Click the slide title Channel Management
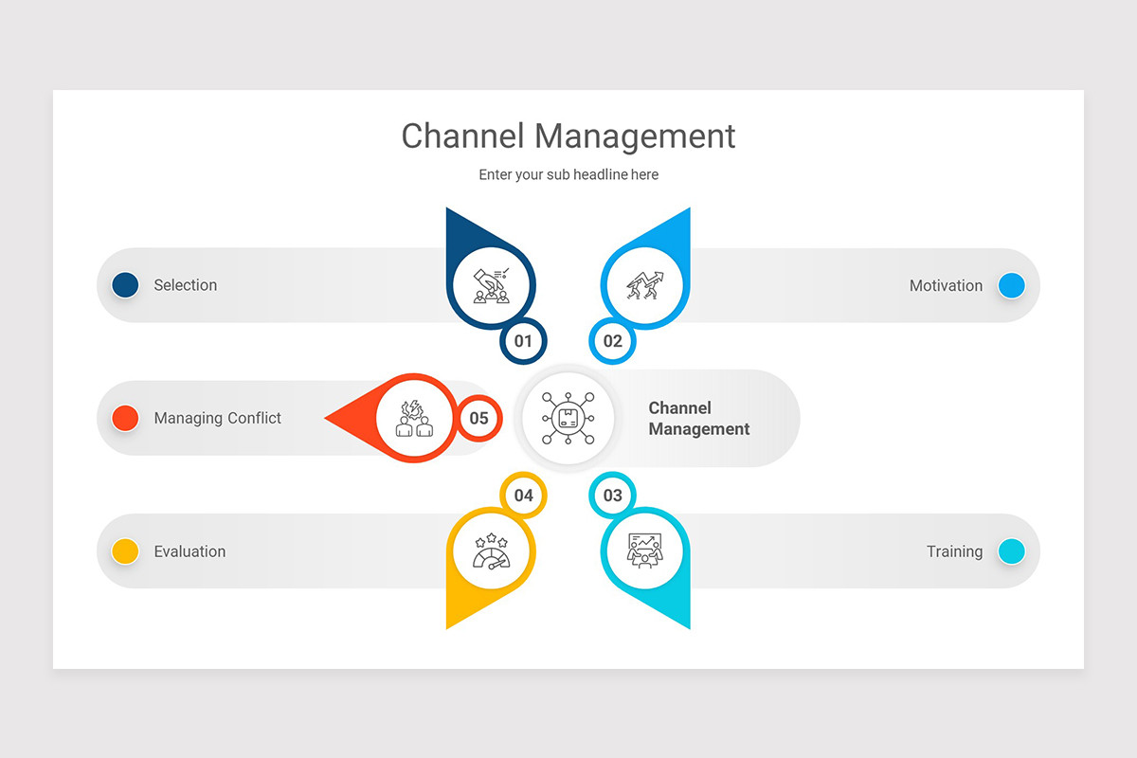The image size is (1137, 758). [x=568, y=135]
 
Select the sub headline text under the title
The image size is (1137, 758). [x=568, y=174]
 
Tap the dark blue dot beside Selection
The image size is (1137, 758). [x=125, y=285]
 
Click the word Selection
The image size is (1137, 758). [x=186, y=285]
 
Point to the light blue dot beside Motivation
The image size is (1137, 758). [x=1011, y=285]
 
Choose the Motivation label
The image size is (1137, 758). [x=946, y=285]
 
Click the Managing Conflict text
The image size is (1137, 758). [x=218, y=418]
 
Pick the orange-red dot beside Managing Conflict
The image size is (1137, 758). [x=125, y=418]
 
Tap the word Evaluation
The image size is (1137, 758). [x=189, y=551]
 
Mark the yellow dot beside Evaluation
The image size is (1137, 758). [x=125, y=551]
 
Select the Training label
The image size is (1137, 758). [x=954, y=551]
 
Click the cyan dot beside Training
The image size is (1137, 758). [x=1011, y=551]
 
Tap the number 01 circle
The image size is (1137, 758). [x=523, y=341]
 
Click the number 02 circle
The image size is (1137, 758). [x=613, y=341]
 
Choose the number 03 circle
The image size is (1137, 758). [x=613, y=496]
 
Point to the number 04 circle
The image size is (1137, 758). [x=523, y=496]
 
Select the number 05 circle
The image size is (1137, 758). [x=478, y=418]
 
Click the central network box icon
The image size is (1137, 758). [x=568, y=418]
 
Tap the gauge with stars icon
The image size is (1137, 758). [x=491, y=552]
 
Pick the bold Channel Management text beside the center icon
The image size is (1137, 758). [x=698, y=418]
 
